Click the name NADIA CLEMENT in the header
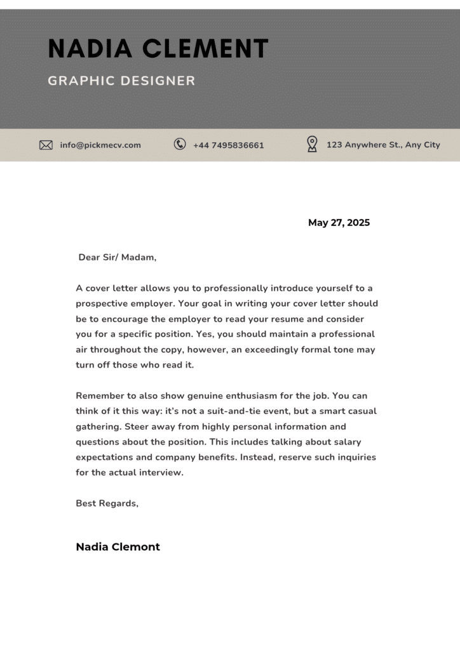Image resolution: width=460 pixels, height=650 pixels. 158,49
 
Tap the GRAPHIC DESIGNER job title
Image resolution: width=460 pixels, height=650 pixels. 121,81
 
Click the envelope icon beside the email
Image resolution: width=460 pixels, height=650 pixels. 46,145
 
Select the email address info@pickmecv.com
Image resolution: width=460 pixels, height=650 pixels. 100,145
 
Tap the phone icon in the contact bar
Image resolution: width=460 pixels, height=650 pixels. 180,144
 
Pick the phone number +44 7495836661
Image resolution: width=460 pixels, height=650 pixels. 228,145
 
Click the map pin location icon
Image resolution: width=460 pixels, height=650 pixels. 312,144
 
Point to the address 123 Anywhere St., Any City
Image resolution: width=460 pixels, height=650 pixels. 383,145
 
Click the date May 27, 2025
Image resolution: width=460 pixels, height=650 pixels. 339,223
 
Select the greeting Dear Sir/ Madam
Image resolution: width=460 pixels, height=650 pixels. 117,257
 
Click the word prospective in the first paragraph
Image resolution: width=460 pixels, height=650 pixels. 101,303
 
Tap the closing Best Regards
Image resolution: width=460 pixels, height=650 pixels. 107,503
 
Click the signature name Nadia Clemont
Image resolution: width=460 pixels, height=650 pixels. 118,547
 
